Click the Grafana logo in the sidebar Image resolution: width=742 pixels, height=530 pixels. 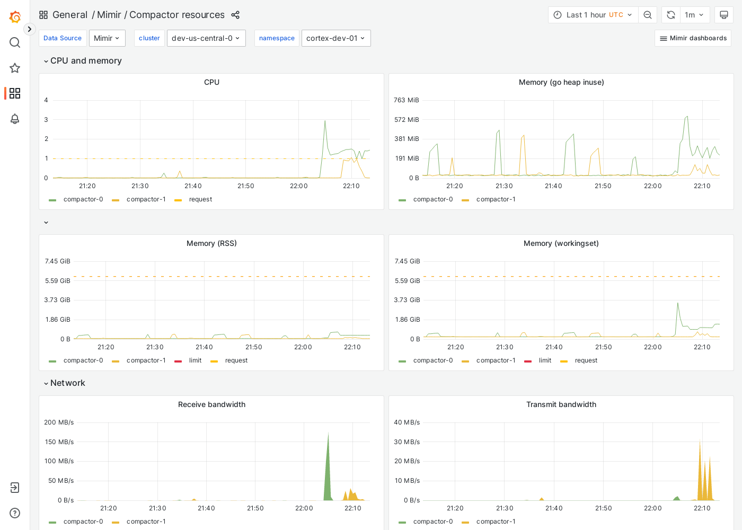(x=15, y=17)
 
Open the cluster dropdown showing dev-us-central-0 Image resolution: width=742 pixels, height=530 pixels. (x=206, y=38)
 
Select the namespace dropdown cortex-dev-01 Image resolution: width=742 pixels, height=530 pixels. (x=335, y=38)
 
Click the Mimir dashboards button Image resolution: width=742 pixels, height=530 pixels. (x=693, y=38)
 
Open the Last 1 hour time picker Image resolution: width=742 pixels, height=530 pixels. (x=593, y=15)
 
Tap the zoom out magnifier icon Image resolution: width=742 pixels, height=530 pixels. (x=648, y=15)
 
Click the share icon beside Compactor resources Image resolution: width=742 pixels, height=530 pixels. (x=235, y=15)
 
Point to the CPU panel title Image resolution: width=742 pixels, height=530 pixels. (x=211, y=82)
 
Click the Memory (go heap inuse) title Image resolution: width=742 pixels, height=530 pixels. (x=561, y=82)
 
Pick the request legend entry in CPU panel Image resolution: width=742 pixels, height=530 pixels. (x=200, y=199)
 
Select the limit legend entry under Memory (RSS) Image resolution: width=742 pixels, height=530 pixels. (x=195, y=360)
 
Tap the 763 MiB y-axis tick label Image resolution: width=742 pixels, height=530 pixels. (x=407, y=100)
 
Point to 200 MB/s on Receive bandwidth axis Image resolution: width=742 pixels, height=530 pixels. (x=59, y=422)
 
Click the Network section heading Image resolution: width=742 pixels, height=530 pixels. (x=67, y=383)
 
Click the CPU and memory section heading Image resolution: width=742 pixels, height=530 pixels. (x=86, y=61)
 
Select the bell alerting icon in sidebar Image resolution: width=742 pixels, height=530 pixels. (x=15, y=119)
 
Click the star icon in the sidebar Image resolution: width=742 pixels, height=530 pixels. (x=15, y=68)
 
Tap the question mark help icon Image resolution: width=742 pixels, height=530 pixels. (x=15, y=513)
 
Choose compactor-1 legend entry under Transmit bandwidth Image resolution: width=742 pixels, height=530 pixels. (x=496, y=522)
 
